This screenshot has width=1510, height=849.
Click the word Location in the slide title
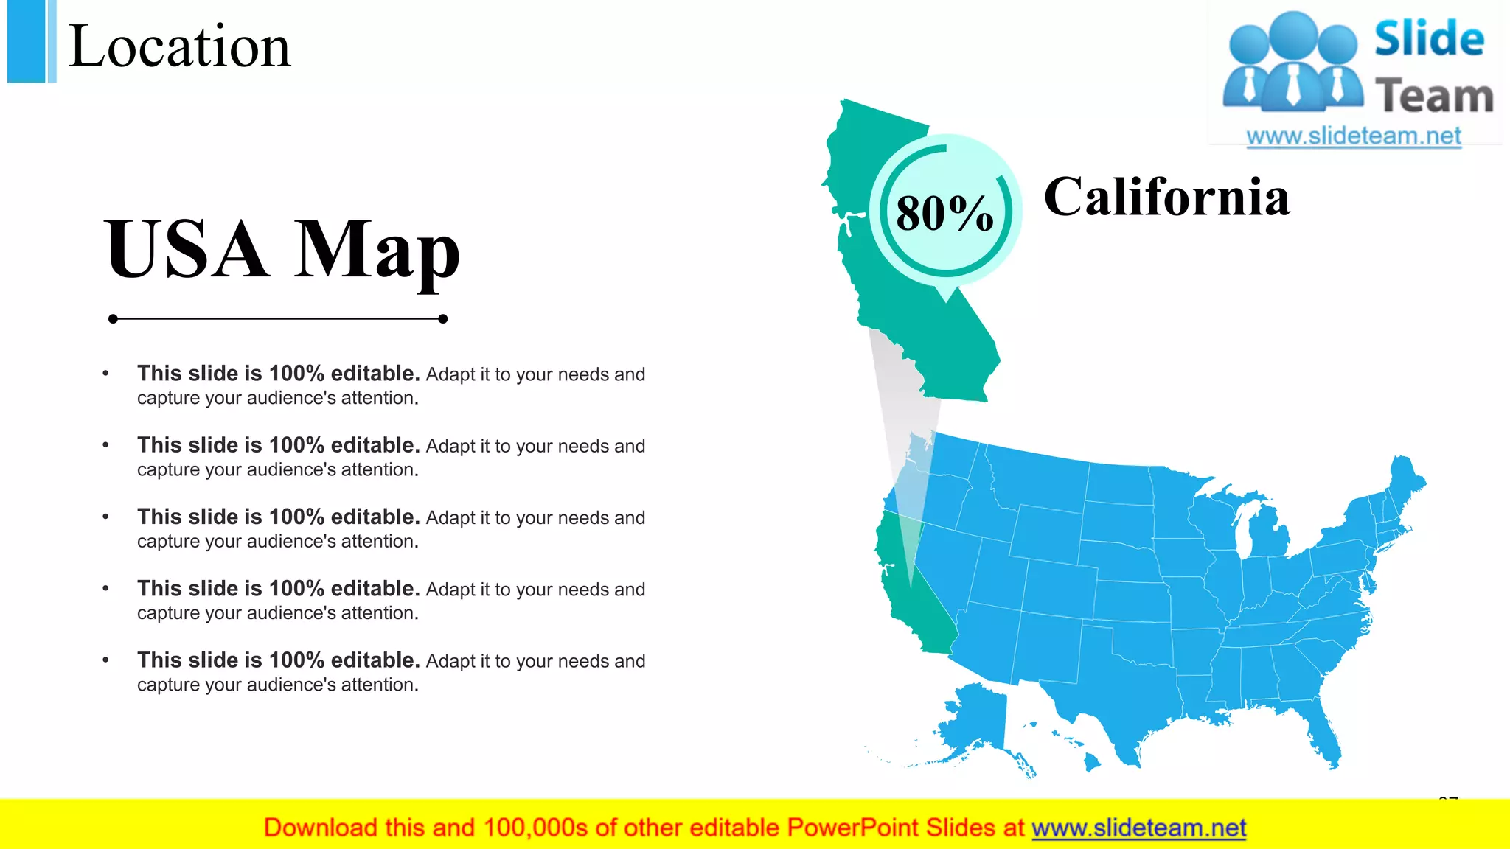click(x=180, y=46)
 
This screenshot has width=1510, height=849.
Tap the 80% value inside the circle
click(x=944, y=213)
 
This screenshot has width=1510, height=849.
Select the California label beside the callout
click(x=1166, y=197)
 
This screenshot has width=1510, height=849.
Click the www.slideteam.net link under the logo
click(x=1353, y=136)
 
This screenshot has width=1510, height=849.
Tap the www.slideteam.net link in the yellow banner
click(x=1138, y=828)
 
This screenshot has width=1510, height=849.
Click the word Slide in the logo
click(x=1429, y=38)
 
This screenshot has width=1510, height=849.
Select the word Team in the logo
click(x=1433, y=97)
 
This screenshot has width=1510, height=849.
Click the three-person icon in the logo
click(x=1292, y=63)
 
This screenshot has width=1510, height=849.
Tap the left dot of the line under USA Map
click(x=113, y=319)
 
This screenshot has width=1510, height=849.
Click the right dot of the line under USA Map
click(x=442, y=319)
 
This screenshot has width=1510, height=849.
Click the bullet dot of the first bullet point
click(x=105, y=374)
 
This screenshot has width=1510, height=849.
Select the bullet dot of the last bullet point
click(x=105, y=660)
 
